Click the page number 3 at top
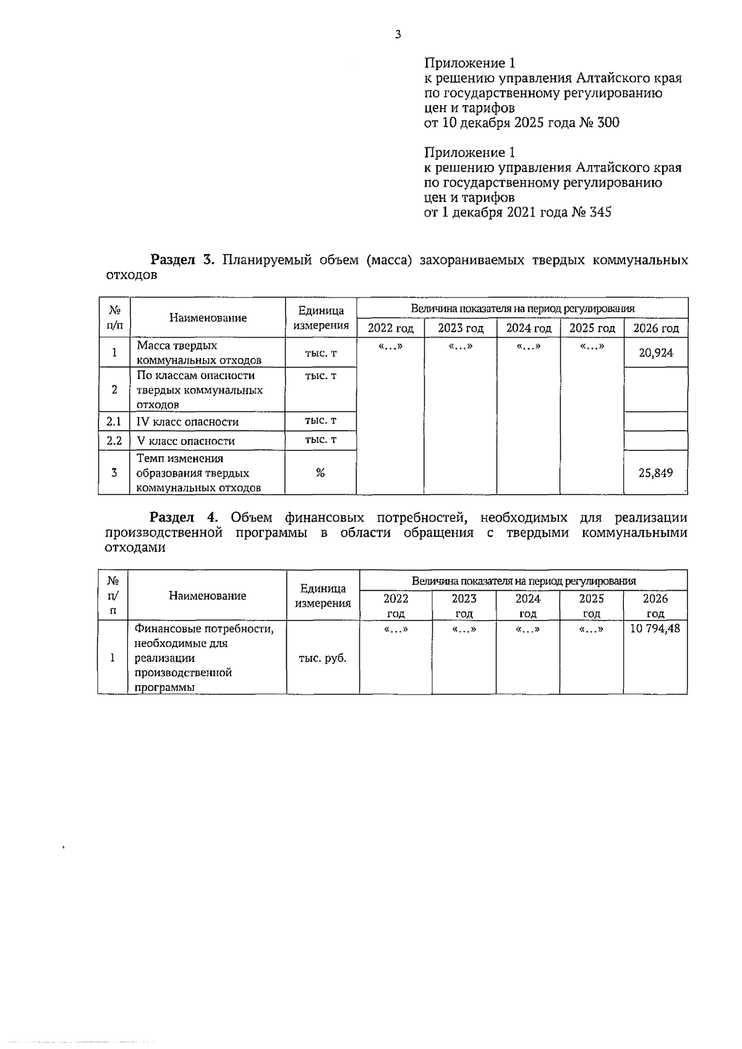pyautogui.click(x=398, y=35)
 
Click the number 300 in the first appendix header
pyautogui.click(x=608, y=123)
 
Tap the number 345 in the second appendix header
pyautogui.click(x=600, y=213)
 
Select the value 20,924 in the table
pyautogui.click(x=655, y=353)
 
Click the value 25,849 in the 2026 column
pyautogui.click(x=655, y=473)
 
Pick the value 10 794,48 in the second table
pyautogui.click(x=655, y=630)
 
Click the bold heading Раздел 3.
pyautogui.click(x=182, y=260)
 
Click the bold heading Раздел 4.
pyautogui.click(x=183, y=518)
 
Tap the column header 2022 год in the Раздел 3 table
pyautogui.click(x=390, y=328)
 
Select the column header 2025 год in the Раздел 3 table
pyautogui.click(x=592, y=328)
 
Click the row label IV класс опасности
pyautogui.click(x=187, y=422)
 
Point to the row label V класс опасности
pyautogui.click(x=185, y=442)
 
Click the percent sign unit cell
pyautogui.click(x=320, y=473)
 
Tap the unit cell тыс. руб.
pyautogui.click(x=322, y=659)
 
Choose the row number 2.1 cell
pyautogui.click(x=114, y=422)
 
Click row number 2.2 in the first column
pyautogui.click(x=114, y=441)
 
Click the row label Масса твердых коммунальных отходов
pyautogui.click(x=198, y=353)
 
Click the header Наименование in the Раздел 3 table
pyautogui.click(x=208, y=318)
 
